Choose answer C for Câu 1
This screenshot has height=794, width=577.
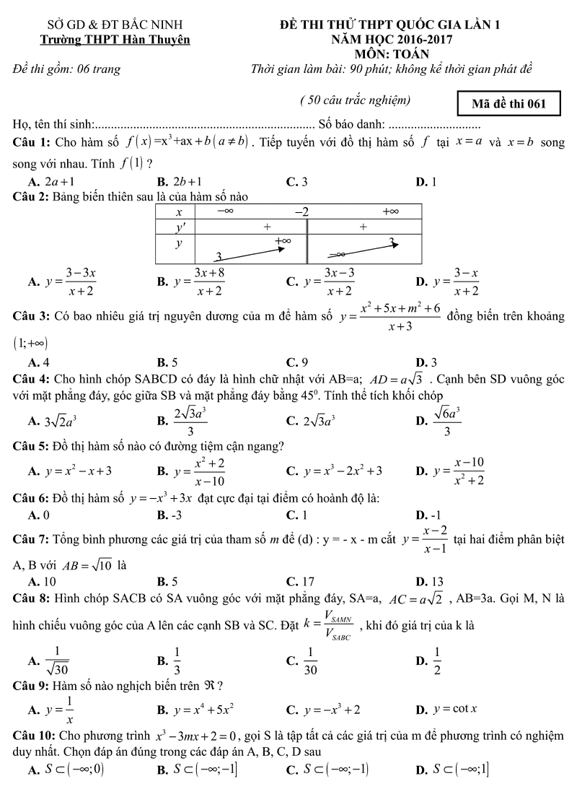click(x=297, y=183)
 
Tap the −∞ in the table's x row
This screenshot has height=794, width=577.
click(x=224, y=211)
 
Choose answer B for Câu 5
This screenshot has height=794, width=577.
click(x=191, y=471)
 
